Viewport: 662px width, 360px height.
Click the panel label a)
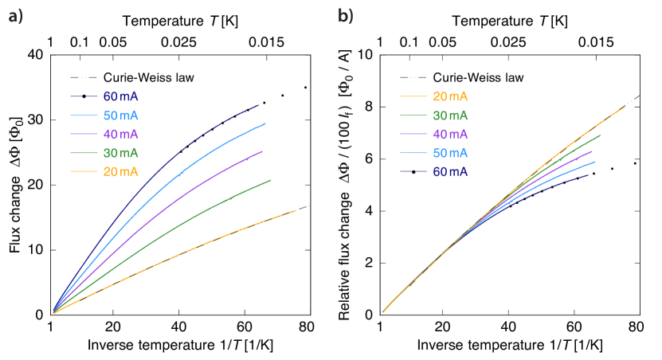click(16, 15)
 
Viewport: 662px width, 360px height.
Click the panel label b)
click(346, 15)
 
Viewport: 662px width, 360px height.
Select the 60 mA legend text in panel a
click(120, 96)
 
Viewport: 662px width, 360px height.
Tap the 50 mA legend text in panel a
click(120, 115)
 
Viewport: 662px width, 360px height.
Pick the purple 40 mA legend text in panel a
click(120, 134)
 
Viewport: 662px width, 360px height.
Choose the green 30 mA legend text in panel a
click(120, 153)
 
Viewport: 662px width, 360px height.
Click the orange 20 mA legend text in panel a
click(120, 171)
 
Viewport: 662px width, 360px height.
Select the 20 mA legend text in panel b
click(450, 96)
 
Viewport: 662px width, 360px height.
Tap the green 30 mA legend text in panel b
click(450, 115)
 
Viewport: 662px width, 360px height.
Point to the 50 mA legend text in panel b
click(450, 153)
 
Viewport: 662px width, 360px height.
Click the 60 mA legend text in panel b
click(450, 171)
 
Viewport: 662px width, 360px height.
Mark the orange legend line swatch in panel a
click(83, 172)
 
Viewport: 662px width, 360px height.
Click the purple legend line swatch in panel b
click(413, 135)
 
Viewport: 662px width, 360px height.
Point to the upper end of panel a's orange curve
click(295, 210)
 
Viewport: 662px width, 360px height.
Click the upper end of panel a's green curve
click(271, 180)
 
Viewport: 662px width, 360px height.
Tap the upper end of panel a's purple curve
click(261, 151)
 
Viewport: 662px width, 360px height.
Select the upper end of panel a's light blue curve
click(264, 123)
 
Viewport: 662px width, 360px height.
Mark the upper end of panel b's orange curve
click(624, 107)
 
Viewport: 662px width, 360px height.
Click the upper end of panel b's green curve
click(599, 135)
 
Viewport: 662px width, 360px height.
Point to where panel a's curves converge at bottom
click(53, 312)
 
